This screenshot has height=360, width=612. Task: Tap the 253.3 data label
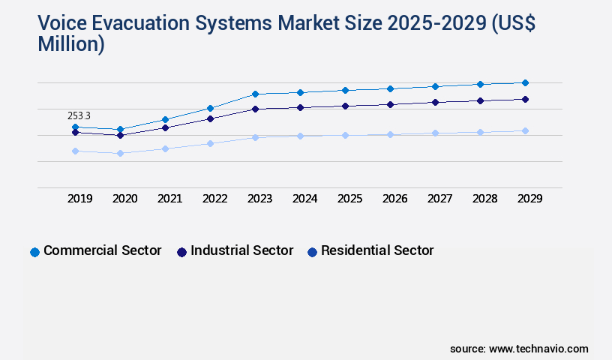coord(79,115)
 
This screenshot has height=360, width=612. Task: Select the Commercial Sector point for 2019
coord(75,127)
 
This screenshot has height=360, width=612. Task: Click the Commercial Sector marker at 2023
coord(255,94)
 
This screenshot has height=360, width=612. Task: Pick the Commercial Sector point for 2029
coord(525,82)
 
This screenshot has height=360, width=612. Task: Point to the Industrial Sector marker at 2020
coord(120,135)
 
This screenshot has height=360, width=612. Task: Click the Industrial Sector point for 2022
coord(210,118)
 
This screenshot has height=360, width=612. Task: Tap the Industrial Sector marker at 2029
coord(525,99)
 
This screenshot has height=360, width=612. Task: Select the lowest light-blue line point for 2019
coord(75,151)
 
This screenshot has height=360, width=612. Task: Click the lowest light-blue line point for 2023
coord(255,137)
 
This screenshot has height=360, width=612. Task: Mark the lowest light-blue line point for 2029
coord(525,130)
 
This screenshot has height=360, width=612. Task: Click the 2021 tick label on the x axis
coord(169,199)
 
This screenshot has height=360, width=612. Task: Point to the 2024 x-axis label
coord(304,199)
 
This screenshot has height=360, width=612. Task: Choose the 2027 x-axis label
coord(439,199)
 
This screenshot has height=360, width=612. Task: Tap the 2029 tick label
coord(529,199)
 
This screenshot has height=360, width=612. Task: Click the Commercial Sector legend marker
coord(34,252)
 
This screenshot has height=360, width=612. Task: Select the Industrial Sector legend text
coord(241,250)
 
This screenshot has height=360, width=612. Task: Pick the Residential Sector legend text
coord(377,250)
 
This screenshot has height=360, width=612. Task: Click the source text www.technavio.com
coord(538,349)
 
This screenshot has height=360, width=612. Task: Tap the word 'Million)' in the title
coord(71,44)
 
